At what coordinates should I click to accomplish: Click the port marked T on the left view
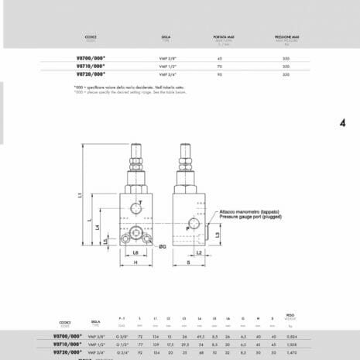tap(140, 202)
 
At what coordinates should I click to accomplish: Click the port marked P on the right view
tap(188, 228)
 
